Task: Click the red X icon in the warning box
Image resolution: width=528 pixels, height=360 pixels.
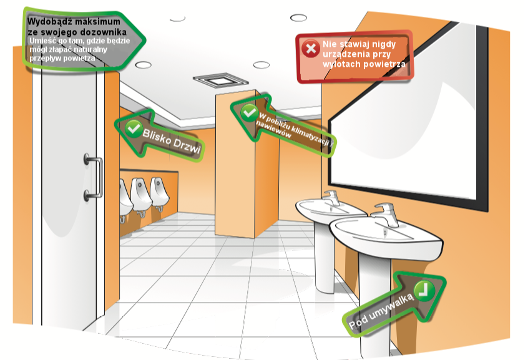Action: click(x=310, y=49)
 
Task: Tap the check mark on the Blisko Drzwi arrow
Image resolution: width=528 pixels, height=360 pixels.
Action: click(x=134, y=129)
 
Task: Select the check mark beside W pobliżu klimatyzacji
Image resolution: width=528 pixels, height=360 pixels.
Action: click(x=249, y=113)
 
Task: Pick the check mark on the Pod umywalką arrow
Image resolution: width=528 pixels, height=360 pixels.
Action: click(x=424, y=291)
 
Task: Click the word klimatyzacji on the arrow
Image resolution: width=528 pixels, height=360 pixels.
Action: click(x=310, y=135)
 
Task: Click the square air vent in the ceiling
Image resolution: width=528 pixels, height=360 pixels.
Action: click(x=221, y=80)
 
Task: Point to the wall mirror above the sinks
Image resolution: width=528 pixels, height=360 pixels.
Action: click(x=408, y=115)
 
